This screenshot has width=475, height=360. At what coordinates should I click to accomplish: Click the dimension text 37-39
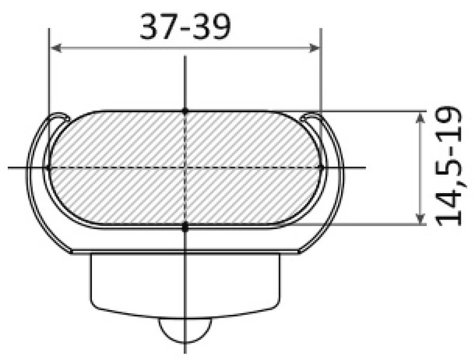[184, 28]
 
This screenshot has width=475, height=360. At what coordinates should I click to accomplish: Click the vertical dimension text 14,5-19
[450, 166]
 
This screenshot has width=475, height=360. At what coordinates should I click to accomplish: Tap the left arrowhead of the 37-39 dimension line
[54, 47]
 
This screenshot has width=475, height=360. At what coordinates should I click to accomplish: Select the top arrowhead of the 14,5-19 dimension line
[420, 116]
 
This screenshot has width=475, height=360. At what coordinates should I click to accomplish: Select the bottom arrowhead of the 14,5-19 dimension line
[420, 220]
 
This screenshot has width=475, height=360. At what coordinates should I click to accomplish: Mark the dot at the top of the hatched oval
[185, 111]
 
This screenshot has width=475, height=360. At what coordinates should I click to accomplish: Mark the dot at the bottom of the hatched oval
[185, 226]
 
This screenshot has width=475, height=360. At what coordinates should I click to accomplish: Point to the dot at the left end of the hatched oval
[49, 167]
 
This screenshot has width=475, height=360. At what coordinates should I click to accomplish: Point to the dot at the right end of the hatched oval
[321, 167]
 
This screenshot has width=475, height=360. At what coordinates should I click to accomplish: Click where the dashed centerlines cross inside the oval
[185, 167]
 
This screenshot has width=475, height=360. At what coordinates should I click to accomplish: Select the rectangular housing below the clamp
[185, 282]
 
